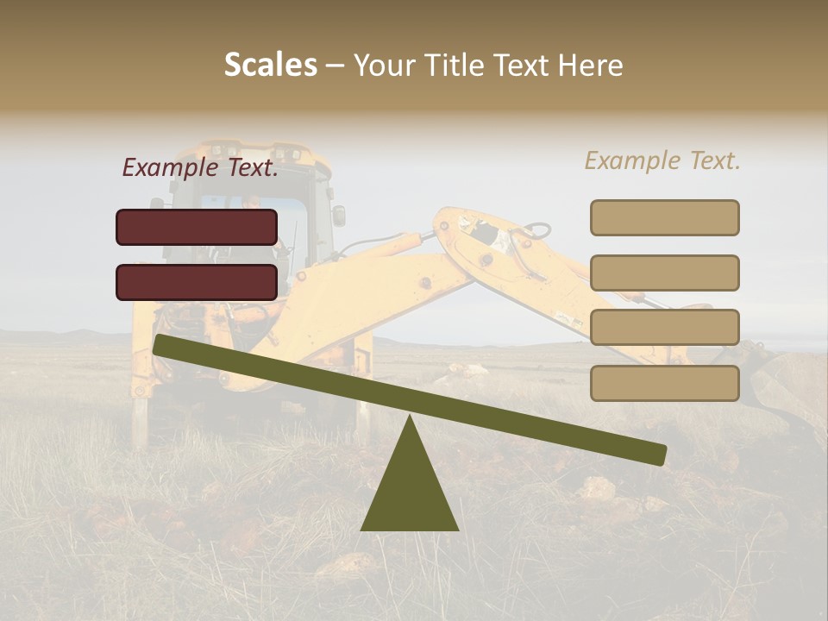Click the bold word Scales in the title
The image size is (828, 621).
270,66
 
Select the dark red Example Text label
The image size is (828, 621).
200,167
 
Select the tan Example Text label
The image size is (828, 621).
662,160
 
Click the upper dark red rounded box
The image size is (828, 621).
197,227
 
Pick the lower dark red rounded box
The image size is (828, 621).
197,282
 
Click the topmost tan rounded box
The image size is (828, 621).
664,217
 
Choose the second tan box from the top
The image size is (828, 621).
664,273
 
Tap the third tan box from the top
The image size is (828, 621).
664,328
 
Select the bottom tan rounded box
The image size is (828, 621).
664,383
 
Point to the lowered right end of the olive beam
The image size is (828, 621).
657,454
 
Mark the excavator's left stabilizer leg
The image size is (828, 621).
140,414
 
